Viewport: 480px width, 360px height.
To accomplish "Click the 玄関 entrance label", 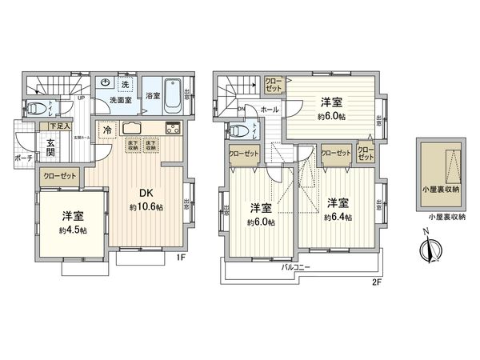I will click(50, 148).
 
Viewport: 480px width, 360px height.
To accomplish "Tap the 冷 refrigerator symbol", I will click(106, 131).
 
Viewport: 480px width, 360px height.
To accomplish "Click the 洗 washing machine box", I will click(125, 83).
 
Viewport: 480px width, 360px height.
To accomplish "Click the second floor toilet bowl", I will click(237, 130).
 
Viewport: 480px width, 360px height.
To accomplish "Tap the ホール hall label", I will click(270, 109).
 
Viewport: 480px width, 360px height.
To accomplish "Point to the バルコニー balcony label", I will click(297, 266).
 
